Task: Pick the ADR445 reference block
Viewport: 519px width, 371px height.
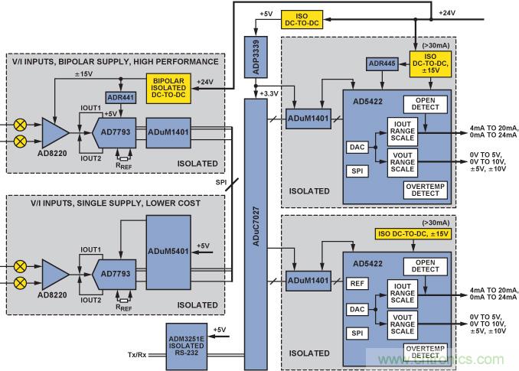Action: coord(382,63)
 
